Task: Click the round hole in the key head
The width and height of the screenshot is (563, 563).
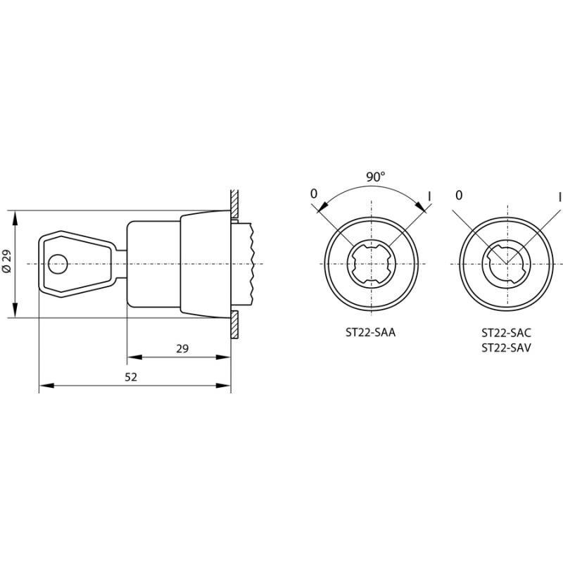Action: click(x=58, y=265)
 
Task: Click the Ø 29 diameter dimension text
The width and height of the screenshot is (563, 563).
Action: click(x=7, y=261)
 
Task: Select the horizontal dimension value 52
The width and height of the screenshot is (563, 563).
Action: click(x=131, y=377)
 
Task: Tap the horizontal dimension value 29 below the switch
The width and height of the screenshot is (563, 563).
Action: click(x=182, y=348)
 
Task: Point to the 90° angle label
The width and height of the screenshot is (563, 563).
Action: click(x=375, y=177)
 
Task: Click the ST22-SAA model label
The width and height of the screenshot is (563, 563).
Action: click(x=371, y=333)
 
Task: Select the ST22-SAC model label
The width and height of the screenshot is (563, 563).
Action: click(x=506, y=333)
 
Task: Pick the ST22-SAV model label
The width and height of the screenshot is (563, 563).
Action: click(x=506, y=348)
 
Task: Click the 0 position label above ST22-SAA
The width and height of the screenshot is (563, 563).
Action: click(x=314, y=194)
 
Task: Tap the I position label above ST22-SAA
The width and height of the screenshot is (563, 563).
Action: click(x=429, y=196)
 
